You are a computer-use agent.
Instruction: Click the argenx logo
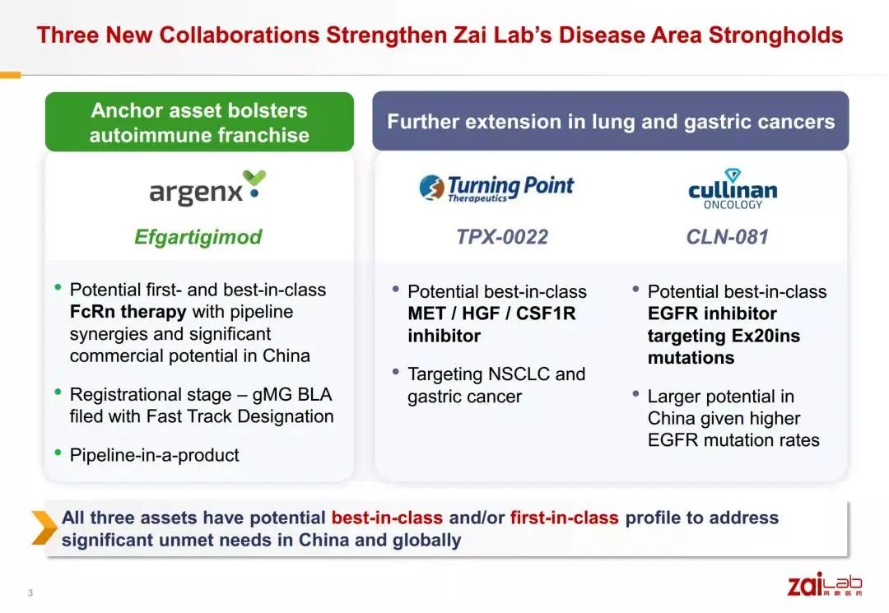(x=207, y=188)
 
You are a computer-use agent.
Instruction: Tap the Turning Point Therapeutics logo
(x=496, y=188)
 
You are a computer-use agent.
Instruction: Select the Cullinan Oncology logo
(x=733, y=189)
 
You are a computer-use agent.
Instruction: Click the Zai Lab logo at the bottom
(x=825, y=584)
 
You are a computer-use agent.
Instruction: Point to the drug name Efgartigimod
(x=198, y=237)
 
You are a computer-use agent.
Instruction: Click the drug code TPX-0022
(x=502, y=237)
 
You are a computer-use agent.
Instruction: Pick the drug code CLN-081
(x=728, y=237)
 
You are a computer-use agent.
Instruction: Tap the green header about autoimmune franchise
(x=199, y=122)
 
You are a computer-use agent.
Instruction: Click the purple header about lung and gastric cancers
(x=611, y=121)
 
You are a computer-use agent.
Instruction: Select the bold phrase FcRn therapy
(x=128, y=312)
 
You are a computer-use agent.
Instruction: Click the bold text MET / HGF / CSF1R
(x=491, y=313)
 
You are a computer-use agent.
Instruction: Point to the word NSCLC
(x=519, y=374)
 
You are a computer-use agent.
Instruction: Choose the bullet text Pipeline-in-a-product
(x=154, y=455)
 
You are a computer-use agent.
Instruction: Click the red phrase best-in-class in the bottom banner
(x=387, y=518)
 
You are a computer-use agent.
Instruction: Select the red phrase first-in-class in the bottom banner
(x=564, y=518)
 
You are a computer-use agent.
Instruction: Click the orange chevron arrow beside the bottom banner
(x=44, y=527)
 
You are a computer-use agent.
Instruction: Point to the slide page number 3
(x=30, y=593)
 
